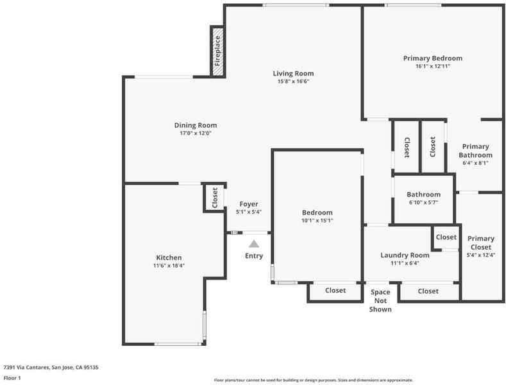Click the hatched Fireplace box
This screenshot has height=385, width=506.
(218, 51)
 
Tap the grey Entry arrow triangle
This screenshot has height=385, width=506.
(254, 244)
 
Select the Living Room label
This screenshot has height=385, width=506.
(293, 74)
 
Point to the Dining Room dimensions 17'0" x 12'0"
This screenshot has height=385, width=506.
(196, 133)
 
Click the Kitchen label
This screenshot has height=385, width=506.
(169, 257)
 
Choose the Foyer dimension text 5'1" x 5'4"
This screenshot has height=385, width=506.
(249, 212)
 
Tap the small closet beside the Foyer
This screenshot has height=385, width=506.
(215, 198)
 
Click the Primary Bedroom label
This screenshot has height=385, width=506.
(433, 58)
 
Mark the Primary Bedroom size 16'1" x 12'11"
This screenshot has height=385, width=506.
(433, 66)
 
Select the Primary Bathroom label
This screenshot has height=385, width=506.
(475, 151)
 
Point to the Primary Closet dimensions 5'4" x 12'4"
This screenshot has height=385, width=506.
(481, 255)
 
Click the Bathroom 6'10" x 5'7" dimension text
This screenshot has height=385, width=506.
(423, 203)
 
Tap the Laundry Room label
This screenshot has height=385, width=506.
(405, 255)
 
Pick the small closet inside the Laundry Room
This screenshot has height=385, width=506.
(446, 237)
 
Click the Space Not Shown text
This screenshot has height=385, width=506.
(380, 301)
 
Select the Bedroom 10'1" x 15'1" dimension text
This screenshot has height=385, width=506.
(317, 221)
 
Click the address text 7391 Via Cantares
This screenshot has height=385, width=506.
(26, 367)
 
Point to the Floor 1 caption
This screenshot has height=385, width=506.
(12, 378)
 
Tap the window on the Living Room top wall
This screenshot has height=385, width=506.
(296, 5)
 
